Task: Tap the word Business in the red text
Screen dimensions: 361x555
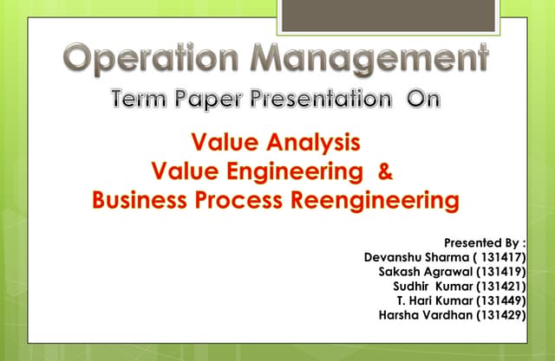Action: pos(141,201)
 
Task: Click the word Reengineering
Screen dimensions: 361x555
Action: pos(378,201)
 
